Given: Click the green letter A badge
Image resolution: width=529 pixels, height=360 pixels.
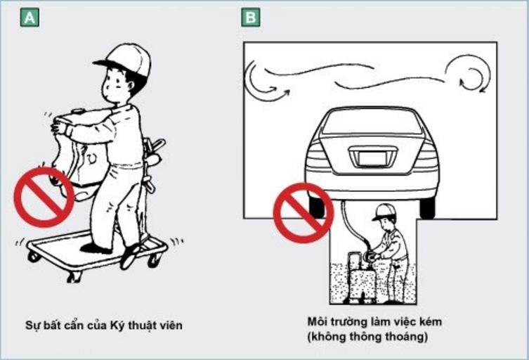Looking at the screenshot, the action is tap(30, 17).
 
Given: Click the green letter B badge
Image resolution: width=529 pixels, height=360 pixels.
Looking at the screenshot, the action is tap(251, 17).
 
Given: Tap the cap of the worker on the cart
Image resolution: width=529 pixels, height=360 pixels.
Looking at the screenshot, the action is tap(124, 60).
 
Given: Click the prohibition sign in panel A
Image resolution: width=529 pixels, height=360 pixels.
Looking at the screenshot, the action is tap(44, 197).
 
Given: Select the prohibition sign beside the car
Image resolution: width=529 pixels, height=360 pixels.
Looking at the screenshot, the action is tap(303, 213).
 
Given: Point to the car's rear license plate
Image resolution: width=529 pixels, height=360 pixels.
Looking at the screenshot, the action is tap(372, 157).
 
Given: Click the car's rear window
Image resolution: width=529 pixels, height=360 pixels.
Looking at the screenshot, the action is tap(372, 122).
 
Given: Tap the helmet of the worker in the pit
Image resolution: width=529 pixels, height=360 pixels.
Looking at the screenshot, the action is tap(384, 212).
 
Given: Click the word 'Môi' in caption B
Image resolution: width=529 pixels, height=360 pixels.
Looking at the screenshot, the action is tap(316, 321).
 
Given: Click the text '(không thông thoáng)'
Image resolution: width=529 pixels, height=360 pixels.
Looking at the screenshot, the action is tap(367, 337).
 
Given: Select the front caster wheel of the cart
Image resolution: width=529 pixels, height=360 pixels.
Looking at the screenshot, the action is tap(74, 277).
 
